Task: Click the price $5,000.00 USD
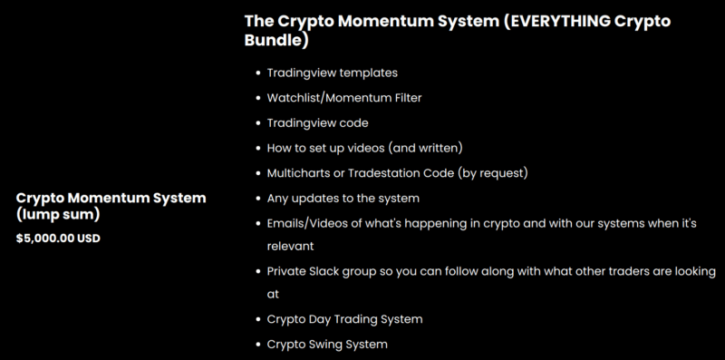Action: coord(58,238)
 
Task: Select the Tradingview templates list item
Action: coord(333,73)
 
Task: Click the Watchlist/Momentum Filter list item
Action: coord(344,97)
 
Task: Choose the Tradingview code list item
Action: coord(317,122)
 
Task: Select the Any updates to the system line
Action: coord(343,196)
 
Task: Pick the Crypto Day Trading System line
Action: coord(344,319)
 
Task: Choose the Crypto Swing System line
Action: coord(327,344)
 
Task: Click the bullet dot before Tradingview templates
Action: coord(256,73)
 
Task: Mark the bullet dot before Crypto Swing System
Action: coord(256,344)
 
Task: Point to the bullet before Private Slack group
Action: coord(256,270)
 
